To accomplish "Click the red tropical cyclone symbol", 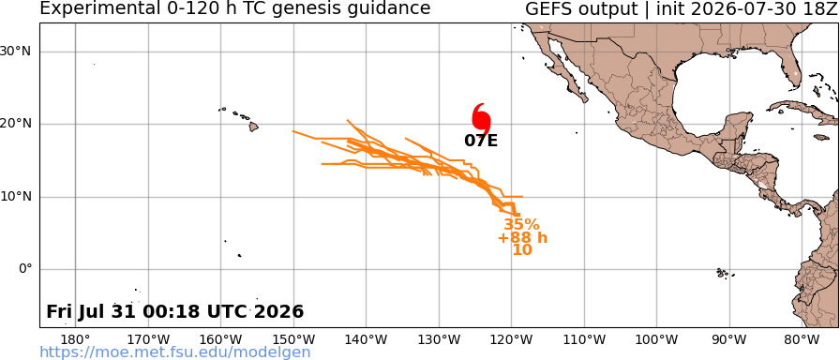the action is coord(481,118).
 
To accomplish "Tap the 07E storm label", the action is coord(481,141).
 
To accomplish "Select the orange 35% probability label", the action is coord(521,224).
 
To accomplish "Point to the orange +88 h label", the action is coord(522,237).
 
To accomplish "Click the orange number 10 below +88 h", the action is coord(522,249).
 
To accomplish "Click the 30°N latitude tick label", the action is coord(19,52).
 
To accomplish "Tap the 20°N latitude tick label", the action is coord(19,125).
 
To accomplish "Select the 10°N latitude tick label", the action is coord(19,197).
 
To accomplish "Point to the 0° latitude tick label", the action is coord(25,269).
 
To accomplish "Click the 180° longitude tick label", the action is coord(75,339).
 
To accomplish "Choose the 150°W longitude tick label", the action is coord(293,339).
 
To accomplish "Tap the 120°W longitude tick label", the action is coord(512,339).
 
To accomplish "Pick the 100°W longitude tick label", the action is coord(657,339).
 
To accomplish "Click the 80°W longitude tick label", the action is coord(802,339).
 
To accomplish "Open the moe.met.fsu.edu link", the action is coord(175,352).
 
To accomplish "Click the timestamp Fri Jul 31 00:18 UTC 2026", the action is coord(174,311).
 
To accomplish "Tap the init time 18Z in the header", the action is coord(822,8).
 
